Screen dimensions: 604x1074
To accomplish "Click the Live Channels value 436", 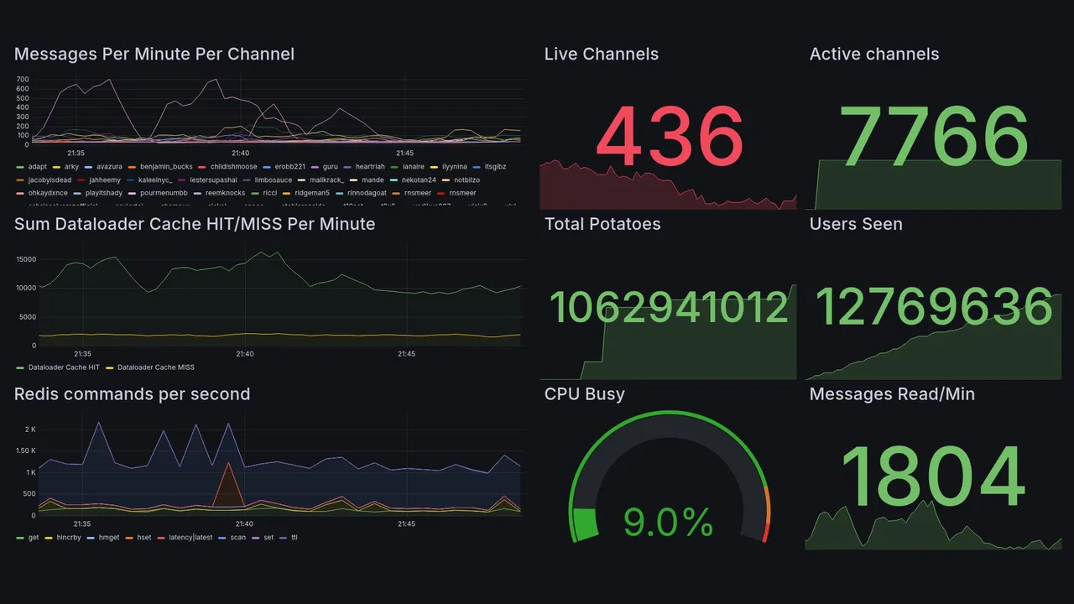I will (670, 137).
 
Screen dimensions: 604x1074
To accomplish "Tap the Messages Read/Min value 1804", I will (933, 477).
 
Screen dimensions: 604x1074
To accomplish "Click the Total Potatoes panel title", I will (602, 224).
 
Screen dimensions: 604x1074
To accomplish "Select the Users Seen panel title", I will (856, 224).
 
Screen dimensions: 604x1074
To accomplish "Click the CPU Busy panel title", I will (584, 394).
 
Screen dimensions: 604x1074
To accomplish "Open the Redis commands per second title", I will (132, 394).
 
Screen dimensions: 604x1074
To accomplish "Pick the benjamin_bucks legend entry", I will (165, 167).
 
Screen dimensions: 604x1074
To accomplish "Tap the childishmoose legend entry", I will (233, 167).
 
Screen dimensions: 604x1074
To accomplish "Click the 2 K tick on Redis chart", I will (30, 430).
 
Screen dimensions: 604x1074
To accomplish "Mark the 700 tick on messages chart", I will (23, 80).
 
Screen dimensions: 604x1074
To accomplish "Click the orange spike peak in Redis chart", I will (226, 463).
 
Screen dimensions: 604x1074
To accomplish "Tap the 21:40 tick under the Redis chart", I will (244, 524).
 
